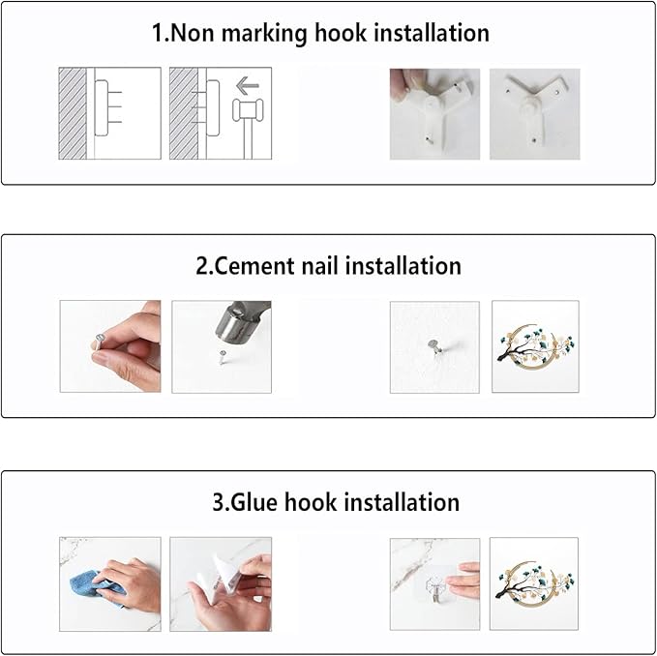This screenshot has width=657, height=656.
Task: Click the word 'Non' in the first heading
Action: [193, 33]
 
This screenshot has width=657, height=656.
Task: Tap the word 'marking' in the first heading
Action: [264, 34]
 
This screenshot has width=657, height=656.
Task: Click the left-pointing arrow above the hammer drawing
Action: [248, 86]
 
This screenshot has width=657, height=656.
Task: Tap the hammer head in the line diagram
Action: [248, 110]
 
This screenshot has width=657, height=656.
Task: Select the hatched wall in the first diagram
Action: [73, 113]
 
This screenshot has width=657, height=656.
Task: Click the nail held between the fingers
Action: [99, 342]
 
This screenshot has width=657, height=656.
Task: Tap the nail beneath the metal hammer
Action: [223, 357]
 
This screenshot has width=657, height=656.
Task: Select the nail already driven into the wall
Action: [434, 347]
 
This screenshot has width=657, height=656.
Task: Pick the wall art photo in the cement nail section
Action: [535, 346]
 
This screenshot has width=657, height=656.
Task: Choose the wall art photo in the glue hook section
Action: [534, 583]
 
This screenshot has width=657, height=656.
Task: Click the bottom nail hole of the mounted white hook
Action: [533, 139]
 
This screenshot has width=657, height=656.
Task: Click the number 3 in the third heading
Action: [219, 503]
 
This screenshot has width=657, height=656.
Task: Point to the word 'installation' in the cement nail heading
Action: [403, 266]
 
